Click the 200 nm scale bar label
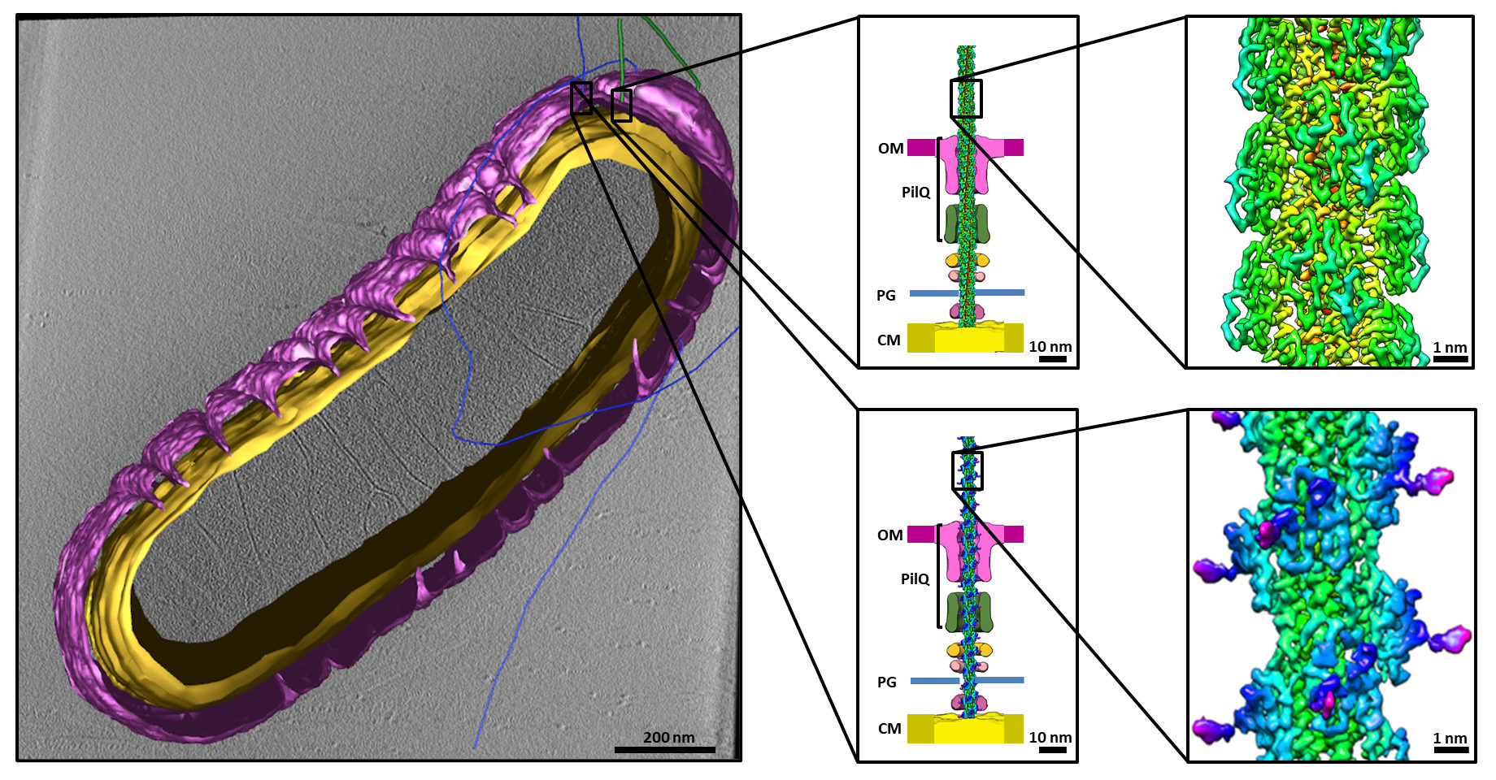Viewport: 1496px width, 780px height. coord(668,738)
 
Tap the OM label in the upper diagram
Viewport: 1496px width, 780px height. coord(890,149)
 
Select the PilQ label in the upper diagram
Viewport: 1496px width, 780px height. coord(915,193)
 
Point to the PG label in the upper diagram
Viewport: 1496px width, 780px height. coord(885,296)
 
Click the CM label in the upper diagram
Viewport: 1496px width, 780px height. coord(889,340)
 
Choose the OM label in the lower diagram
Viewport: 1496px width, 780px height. coord(889,535)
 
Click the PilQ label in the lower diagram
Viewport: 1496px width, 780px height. coord(915,579)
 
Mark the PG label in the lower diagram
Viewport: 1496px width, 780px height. coord(886,682)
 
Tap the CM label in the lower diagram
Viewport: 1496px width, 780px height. coord(889,729)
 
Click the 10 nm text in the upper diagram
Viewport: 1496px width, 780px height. coord(1050,347)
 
